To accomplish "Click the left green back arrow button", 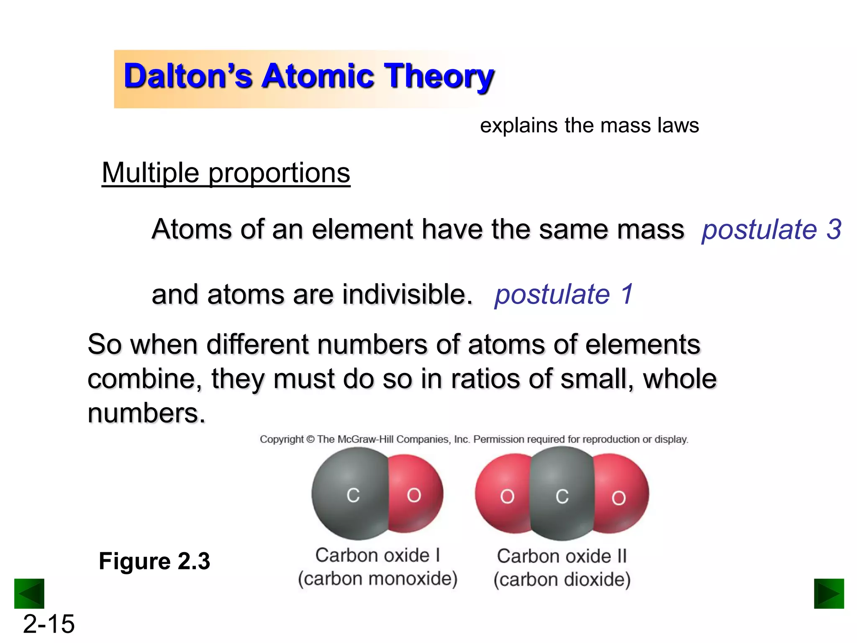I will click(x=29, y=593).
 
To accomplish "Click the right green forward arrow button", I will click(x=829, y=593).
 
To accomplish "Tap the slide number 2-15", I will click(x=49, y=624).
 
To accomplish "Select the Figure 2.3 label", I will click(x=154, y=561).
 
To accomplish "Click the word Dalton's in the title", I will click(x=188, y=76).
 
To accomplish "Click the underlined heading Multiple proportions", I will click(x=226, y=172).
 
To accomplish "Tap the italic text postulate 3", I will click(x=771, y=229).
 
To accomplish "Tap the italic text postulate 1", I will click(x=564, y=294).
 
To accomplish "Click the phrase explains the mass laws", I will click(x=589, y=125).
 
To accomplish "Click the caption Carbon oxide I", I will click(x=377, y=556).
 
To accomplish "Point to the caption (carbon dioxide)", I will click(x=562, y=580).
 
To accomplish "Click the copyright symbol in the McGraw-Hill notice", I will click(x=310, y=440).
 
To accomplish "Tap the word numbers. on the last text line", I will click(x=146, y=413).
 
